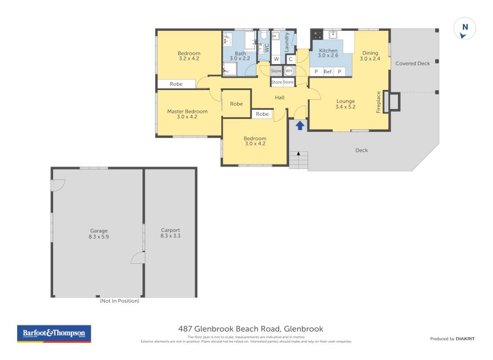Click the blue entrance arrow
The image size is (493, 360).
pyautogui.click(x=300, y=126)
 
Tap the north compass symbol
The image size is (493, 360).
pyautogui.click(x=465, y=27)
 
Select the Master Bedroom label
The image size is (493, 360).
pyautogui.click(x=187, y=114)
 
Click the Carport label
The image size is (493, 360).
pyautogui.click(x=170, y=233)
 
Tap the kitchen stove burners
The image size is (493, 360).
pyautogui.click(x=317, y=35)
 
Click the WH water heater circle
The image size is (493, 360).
pyautogui.click(x=288, y=70)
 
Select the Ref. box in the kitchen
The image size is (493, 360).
pyautogui.click(x=328, y=72)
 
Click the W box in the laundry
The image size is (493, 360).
pyautogui.click(x=276, y=59)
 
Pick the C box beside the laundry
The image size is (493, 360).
pyautogui.click(x=290, y=59)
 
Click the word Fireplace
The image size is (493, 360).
pyautogui.click(x=379, y=102)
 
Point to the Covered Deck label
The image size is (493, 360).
pyautogui.click(x=412, y=63)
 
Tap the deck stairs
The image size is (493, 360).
pyautogui.click(x=298, y=162)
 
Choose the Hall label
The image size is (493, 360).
pyautogui.click(x=280, y=97)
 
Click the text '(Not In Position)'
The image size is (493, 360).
pyautogui.click(x=120, y=301)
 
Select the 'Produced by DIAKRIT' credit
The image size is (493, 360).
pyautogui.click(x=451, y=339)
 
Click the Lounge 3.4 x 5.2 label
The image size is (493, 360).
pyautogui.click(x=345, y=104)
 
